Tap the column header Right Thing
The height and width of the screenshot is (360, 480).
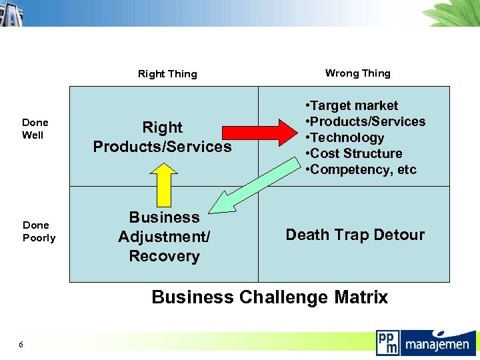[x=167, y=74]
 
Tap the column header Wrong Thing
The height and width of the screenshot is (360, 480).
[x=357, y=73]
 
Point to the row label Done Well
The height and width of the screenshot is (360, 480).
[x=35, y=129]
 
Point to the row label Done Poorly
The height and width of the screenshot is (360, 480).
[x=39, y=231]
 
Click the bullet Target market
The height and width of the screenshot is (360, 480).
[x=353, y=105]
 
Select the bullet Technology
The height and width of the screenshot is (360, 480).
[x=347, y=137]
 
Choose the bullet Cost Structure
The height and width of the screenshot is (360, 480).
[x=356, y=153]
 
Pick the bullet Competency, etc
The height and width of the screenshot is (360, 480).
[x=363, y=169]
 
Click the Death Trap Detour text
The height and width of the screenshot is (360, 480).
[x=355, y=235]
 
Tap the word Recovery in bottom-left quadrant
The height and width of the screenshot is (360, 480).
[x=164, y=256]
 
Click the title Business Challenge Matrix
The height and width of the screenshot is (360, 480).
[x=269, y=297]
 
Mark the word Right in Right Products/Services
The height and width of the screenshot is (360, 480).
[x=162, y=127]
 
